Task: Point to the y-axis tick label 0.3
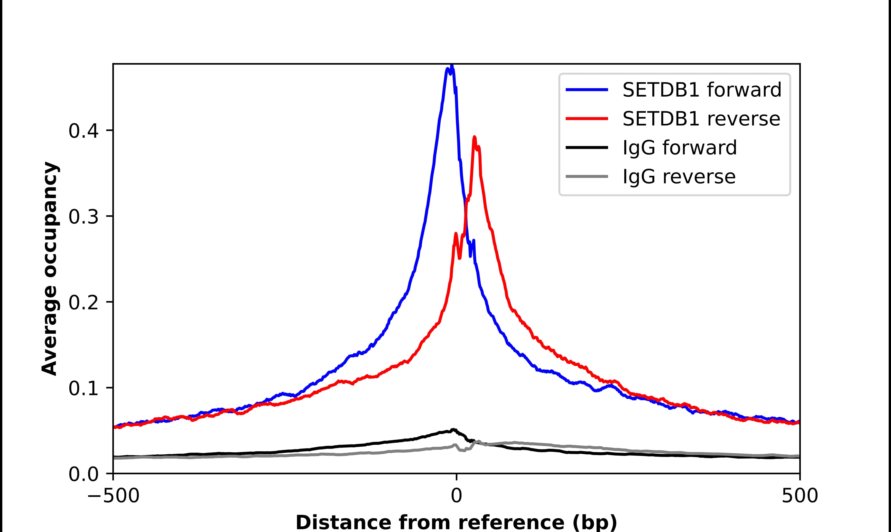pyautogui.click(x=83, y=217)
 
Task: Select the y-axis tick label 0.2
pyautogui.click(x=83, y=302)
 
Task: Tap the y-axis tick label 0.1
pyautogui.click(x=83, y=389)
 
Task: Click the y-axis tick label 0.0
pyautogui.click(x=83, y=474)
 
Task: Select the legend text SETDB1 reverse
pyautogui.click(x=701, y=119)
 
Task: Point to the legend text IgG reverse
pyautogui.click(x=679, y=176)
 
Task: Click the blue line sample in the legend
pyautogui.click(x=587, y=90)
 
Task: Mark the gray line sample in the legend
pyautogui.click(x=587, y=176)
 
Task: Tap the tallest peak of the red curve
pyautogui.click(x=474, y=137)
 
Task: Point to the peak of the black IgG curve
pyautogui.click(x=453, y=429)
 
